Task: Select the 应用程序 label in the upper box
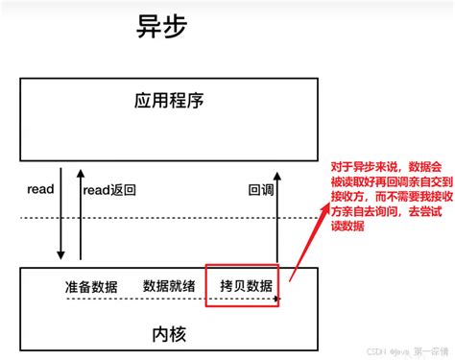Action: click(170, 101)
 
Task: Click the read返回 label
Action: click(109, 190)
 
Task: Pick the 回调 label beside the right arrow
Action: click(262, 190)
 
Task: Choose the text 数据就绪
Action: click(170, 286)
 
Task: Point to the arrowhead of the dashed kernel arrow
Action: click(277, 300)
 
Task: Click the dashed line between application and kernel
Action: click(173, 219)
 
